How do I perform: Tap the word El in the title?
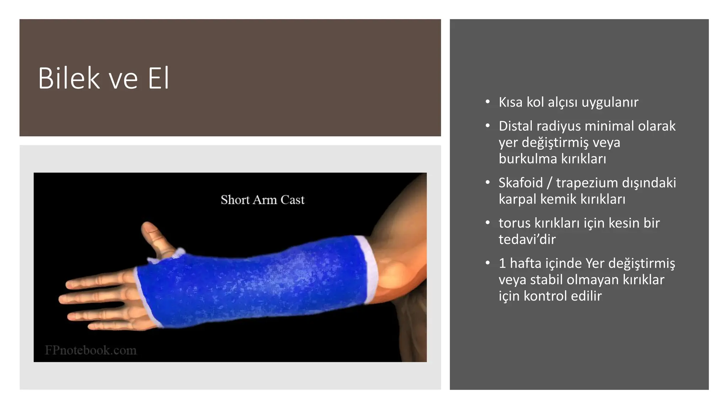coord(159,78)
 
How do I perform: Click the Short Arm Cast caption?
coord(262,200)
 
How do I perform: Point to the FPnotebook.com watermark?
coord(91,350)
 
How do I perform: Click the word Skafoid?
coord(520,183)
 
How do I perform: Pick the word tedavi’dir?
coord(527,240)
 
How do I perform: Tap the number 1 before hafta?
coord(502,263)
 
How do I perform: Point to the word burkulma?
coord(528,159)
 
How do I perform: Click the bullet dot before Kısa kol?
coord(488,102)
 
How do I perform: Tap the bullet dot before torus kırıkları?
coord(488,223)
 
